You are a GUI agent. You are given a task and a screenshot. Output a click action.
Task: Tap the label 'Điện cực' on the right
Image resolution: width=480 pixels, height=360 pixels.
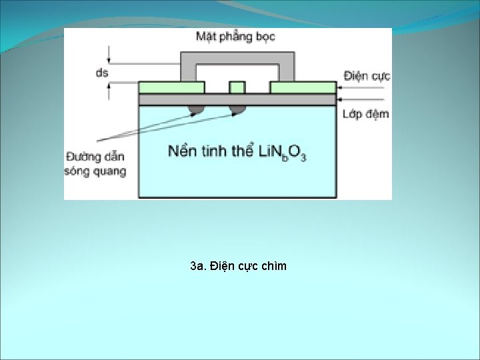pyautogui.click(x=367, y=76)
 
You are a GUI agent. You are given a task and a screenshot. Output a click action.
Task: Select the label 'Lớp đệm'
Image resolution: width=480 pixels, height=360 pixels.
pyautogui.click(x=365, y=114)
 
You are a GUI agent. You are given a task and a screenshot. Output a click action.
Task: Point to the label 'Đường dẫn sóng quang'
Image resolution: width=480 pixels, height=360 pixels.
pyautogui.click(x=95, y=164)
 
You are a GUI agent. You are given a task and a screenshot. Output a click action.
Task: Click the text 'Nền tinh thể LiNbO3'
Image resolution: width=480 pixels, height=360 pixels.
pyautogui.click(x=237, y=151)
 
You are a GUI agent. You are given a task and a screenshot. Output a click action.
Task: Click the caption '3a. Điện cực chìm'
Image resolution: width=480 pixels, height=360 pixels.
pyautogui.click(x=238, y=267)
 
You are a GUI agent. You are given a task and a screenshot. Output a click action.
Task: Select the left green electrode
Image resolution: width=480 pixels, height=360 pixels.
pyautogui.click(x=171, y=87)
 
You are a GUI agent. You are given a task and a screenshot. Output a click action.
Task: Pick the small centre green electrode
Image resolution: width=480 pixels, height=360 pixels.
pyautogui.click(x=237, y=87)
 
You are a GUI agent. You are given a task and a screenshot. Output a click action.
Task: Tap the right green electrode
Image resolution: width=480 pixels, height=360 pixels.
pyautogui.click(x=303, y=87)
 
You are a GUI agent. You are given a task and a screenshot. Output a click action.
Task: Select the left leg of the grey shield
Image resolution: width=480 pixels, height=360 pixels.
pyautogui.click(x=188, y=71)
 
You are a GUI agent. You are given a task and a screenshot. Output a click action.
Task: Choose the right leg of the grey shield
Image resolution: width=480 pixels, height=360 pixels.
pyautogui.click(x=287, y=71)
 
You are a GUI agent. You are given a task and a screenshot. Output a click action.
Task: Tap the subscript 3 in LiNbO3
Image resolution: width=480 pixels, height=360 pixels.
pyautogui.click(x=303, y=157)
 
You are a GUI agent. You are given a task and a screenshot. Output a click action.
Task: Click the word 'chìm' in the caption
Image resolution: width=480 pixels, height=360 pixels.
pyautogui.click(x=274, y=267)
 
